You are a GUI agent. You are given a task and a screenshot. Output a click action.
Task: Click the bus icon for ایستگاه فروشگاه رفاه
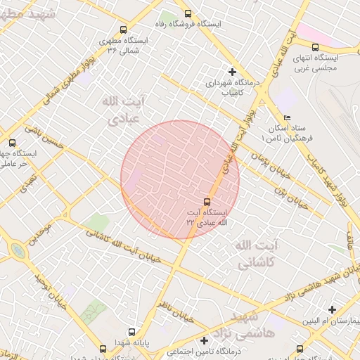[x=187, y=13]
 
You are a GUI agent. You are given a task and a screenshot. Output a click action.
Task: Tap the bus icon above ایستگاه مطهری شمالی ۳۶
[x=124, y=30]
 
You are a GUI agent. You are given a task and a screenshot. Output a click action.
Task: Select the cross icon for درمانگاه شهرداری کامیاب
[x=232, y=71]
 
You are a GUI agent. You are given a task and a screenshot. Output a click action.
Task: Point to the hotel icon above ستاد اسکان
[x=286, y=118]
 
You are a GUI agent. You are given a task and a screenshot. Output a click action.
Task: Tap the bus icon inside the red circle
[x=206, y=201]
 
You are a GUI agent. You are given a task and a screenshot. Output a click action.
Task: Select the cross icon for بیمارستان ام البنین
[x=332, y=309]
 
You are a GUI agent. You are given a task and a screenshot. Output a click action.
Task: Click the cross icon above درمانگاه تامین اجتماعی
[x=204, y=340]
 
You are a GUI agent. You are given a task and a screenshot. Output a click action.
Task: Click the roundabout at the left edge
[x=17, y=250]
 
